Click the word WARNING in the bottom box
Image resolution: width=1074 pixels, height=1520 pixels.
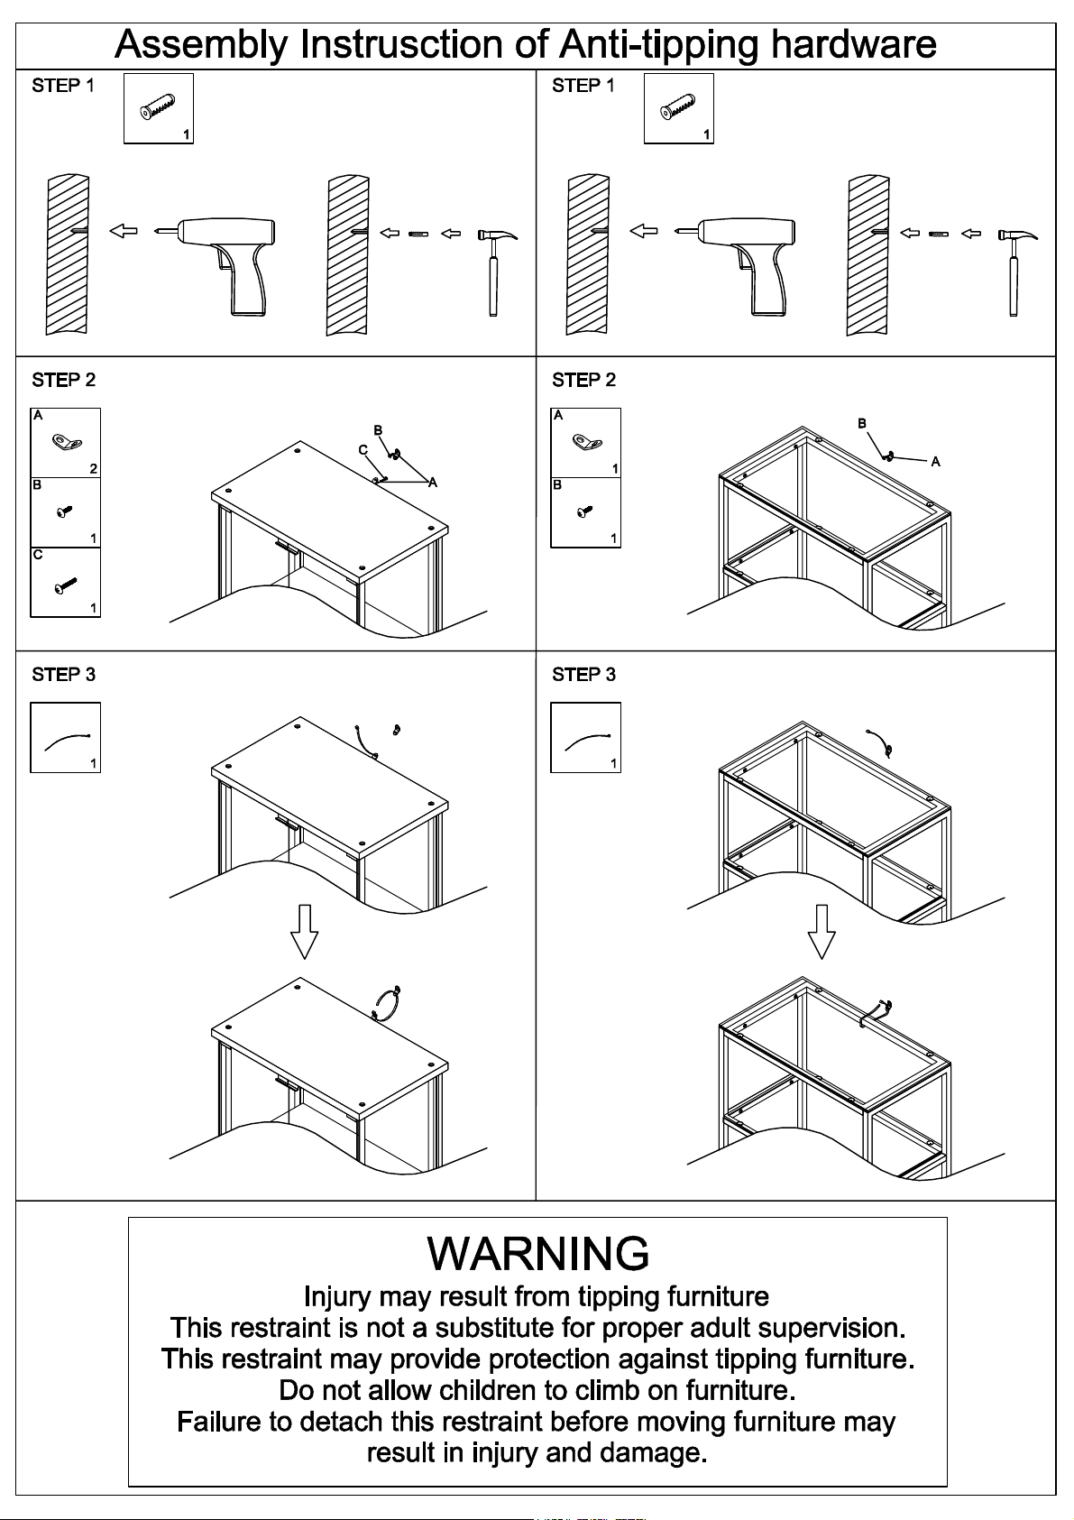coord(537,1253)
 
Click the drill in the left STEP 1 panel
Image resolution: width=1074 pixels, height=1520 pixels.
coord(225,262)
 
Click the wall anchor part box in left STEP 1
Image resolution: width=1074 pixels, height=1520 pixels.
coord(159,109)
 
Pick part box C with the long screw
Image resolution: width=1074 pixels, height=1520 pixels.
coord(65,583)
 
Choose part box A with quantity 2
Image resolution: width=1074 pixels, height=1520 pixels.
coord(65,443)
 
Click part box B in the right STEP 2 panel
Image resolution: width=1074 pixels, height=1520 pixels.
coord(585,512)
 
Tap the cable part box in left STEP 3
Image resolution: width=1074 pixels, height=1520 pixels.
coord(65,738)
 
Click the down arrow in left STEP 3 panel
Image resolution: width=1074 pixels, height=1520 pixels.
coord(305,930)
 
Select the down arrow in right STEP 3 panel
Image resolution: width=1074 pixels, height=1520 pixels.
coord(821,930)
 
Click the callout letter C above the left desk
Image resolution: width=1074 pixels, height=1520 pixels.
coord(363,450)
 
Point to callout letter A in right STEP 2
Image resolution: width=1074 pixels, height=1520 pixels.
coord(935,462)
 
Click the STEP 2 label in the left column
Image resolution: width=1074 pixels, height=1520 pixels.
coord(63,381)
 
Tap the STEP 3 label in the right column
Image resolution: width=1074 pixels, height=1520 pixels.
coord(583,675)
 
